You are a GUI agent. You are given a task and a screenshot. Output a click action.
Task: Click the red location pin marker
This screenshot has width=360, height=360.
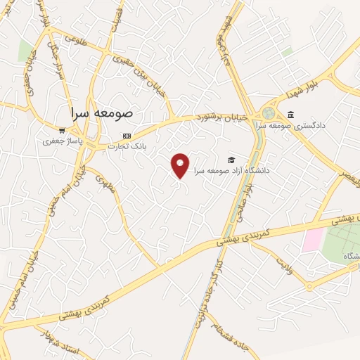click(x=181, y=165)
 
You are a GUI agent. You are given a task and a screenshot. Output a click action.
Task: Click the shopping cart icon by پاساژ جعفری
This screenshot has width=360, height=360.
click(x=62, y=130)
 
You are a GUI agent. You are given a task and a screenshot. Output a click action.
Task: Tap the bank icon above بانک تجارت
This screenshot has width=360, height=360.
click(x=127, y=136)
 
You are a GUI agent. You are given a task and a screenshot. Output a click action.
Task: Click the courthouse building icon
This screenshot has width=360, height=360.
click(x=290, y=115)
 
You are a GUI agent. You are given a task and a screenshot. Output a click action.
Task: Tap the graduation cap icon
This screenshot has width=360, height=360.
click(x=231, y=160)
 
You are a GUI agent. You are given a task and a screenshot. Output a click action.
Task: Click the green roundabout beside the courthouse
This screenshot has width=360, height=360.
click(x=269, y=112)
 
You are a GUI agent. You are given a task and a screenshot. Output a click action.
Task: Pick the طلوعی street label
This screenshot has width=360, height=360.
click(x=75, y=39)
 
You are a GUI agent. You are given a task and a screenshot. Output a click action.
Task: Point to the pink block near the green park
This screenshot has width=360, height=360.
click(x=313, y=240)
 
